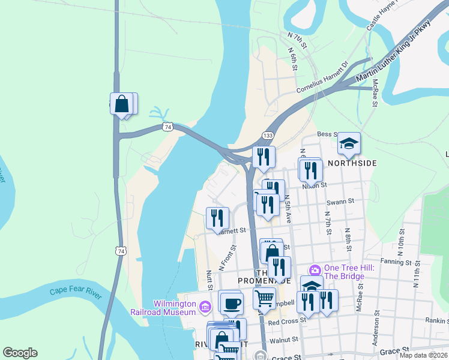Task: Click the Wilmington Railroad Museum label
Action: click(163, 308)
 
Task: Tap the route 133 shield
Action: click(268, 136)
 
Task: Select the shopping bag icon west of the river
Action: click(122, 104)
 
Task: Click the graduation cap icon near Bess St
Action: click(349, 143)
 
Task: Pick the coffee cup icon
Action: click(232, 302)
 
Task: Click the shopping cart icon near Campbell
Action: click(264, 297)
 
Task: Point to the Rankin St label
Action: click(438, 321)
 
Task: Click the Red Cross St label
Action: click(287, 322)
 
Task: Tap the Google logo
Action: click(20, 353)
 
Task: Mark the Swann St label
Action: click(341, 202)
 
